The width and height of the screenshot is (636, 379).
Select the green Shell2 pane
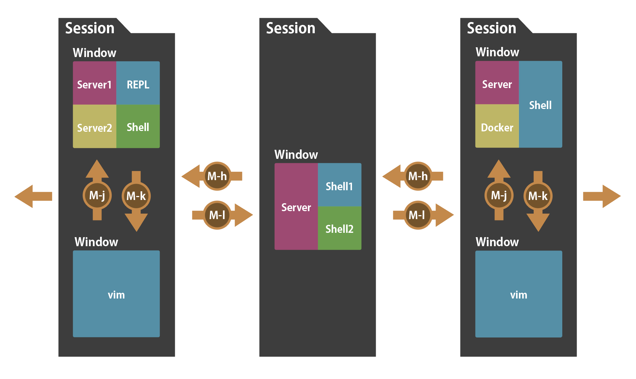coord(339,228)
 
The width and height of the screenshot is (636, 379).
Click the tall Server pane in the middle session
coord(296,206)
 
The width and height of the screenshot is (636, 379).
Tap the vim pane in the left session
coord(116,294)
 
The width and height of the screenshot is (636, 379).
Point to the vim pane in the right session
coord(519,294)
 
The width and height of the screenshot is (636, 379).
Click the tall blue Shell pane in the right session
coord(540,105)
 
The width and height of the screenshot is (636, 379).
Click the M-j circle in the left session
coord(97,196)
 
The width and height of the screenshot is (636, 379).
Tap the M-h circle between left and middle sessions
coord(217,176)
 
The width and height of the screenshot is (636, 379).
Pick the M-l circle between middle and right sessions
coord(418,215)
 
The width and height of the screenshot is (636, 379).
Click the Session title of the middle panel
coord(291,28)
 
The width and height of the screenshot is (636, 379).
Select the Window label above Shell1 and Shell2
coord(296,154)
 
